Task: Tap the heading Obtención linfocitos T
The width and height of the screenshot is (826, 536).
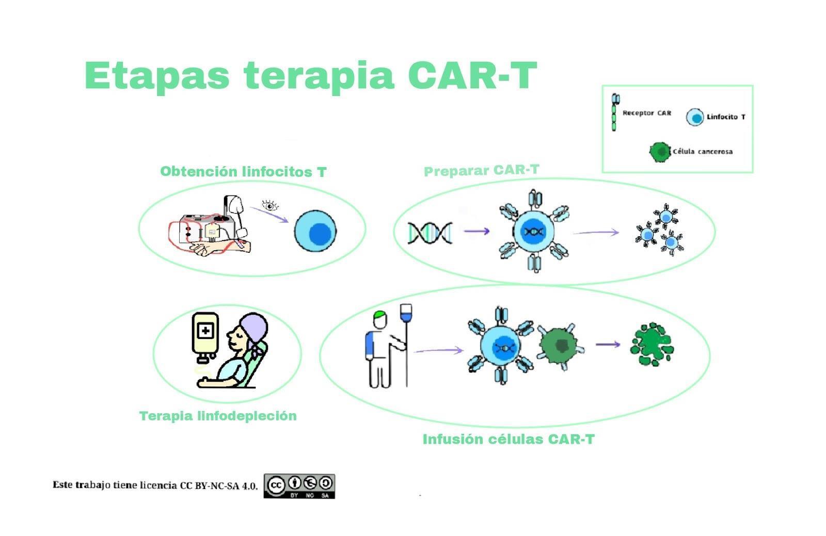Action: click(243, 172)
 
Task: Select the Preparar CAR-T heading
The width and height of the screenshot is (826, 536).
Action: click(481, 170)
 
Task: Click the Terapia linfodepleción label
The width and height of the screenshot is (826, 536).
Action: click(218, 416)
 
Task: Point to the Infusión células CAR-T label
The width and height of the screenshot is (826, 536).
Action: click(509, 439)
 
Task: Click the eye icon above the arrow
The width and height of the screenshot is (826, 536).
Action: click(269, 205)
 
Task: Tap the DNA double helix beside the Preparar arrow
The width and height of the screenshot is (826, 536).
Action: click(430, 233)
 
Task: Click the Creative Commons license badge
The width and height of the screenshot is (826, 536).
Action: click(299, 486)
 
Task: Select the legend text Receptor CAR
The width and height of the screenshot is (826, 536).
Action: click(646, 113)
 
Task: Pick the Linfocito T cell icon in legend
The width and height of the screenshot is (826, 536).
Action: click(695, 117)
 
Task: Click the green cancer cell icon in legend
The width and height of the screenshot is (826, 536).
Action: click(659, 152)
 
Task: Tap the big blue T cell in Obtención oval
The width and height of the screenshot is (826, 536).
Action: click(315, 232)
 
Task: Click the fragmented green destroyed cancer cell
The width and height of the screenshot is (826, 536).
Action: click(652, 345)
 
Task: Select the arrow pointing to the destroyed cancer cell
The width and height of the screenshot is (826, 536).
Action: click(608, 344)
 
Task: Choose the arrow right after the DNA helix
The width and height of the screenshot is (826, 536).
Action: click(476, 231)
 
